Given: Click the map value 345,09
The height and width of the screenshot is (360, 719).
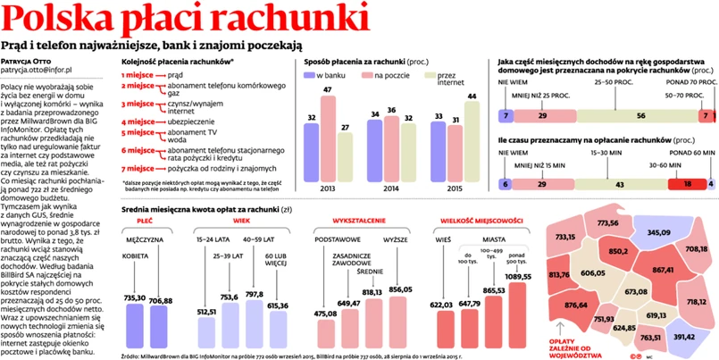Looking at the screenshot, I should coord(657,232).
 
